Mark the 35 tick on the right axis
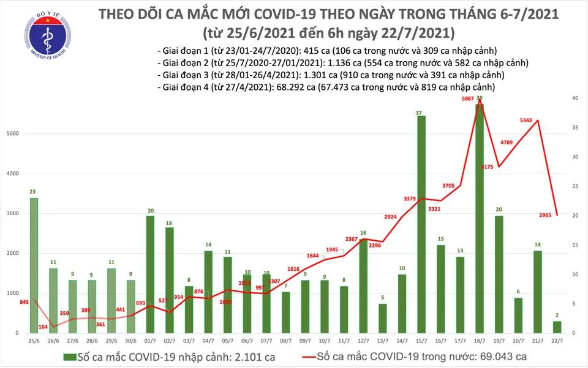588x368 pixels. coord(575,128)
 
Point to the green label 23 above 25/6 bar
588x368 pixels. coord(33,192)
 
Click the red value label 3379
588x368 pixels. coord(409,197)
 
